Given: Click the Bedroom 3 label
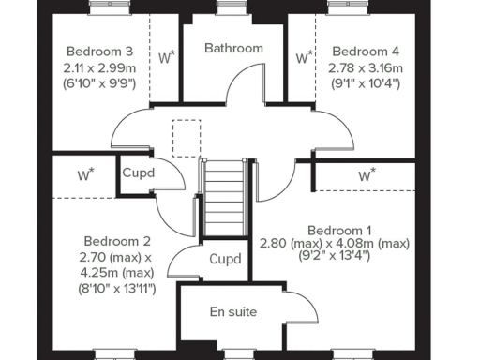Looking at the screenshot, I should point(98,51).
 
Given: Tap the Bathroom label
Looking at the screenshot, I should point(233,48).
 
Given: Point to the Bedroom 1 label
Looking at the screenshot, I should point(340,230).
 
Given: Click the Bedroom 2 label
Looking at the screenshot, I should point(117,240).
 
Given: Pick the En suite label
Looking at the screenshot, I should point(233,311).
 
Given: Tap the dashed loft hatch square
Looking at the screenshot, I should point(187,136).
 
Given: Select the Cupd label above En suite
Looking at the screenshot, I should point(225,259).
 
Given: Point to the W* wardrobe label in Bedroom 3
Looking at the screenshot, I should point(166,57).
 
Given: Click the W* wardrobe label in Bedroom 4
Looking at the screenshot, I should point(304,57).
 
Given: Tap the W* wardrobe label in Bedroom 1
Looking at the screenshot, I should point(367,174).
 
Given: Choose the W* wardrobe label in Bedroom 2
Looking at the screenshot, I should point(85,174).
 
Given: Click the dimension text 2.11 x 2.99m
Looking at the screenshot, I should point(98,67).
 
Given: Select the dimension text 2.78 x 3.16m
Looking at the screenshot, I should point(366,68).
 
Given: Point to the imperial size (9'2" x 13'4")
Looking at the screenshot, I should point(335,256).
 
